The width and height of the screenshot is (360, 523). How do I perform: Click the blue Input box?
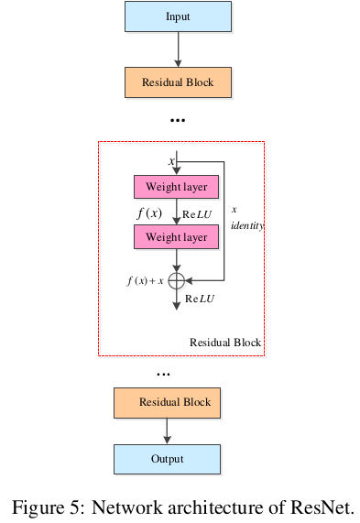[x=178, y=17]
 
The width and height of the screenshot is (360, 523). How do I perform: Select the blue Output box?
[x=168, y=459]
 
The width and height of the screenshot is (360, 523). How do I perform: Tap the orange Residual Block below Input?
[x=178, y=82]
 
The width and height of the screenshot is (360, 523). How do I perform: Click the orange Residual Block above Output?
[x=168, y=402]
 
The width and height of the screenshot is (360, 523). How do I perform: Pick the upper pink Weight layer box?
[x=177, y=188]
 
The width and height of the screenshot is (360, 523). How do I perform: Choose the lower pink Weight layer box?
[x=177, y=237]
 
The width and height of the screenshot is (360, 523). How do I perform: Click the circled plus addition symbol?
[x=177, y=280]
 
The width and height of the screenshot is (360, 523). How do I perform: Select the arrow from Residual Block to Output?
[x=168, y=430]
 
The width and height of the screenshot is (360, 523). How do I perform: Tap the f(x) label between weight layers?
[x=149, y=212]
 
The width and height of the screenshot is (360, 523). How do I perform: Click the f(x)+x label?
[x=145, y=280]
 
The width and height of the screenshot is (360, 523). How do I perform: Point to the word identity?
[x=247, y=224]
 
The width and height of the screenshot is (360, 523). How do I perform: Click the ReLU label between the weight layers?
[x=198, y=213]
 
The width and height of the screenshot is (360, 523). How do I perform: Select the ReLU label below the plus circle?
[x=200, y=299]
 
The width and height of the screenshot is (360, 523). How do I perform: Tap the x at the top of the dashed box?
[x=170, y=161]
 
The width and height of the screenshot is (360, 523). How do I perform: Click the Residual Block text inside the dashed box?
[x=225, y=343]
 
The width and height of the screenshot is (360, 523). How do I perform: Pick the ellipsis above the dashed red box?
[x=178, y=120]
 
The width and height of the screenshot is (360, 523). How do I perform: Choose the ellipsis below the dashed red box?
[x=164, y=374]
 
